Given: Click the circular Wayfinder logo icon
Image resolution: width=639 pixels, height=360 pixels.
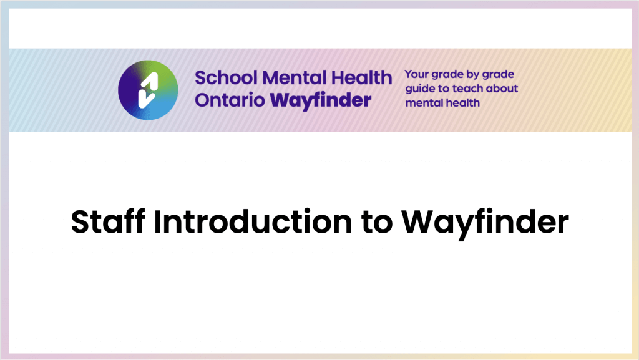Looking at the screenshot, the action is pos(148,90).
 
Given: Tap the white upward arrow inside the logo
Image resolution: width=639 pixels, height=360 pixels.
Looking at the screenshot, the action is pos(150,82).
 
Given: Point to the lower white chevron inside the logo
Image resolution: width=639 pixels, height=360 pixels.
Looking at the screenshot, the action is pos(146,99).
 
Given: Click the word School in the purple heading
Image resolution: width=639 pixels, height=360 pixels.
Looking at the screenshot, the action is pos(226,78).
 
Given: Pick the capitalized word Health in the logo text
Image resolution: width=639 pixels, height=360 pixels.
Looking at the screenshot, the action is pos(361,78).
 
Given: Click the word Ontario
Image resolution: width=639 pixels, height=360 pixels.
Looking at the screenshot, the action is pos(230,100).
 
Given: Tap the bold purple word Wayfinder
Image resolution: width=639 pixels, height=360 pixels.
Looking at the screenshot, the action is pos(321,101).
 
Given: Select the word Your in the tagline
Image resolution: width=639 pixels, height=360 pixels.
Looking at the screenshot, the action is pos(416,74).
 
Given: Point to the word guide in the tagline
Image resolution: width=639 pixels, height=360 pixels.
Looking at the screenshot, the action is pos(420,89).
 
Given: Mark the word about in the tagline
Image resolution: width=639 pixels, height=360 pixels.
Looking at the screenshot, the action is pos(502,89).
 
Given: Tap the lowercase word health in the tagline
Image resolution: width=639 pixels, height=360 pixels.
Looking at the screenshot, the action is pos(464,103).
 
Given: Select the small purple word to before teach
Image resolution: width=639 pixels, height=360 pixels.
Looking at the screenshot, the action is pos(443,89).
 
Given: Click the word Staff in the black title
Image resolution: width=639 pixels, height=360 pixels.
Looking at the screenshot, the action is pos(108,221).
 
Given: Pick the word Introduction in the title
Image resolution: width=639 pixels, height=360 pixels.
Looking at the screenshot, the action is pos(253,221).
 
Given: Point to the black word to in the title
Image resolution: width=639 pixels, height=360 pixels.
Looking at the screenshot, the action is pos(376,223).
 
